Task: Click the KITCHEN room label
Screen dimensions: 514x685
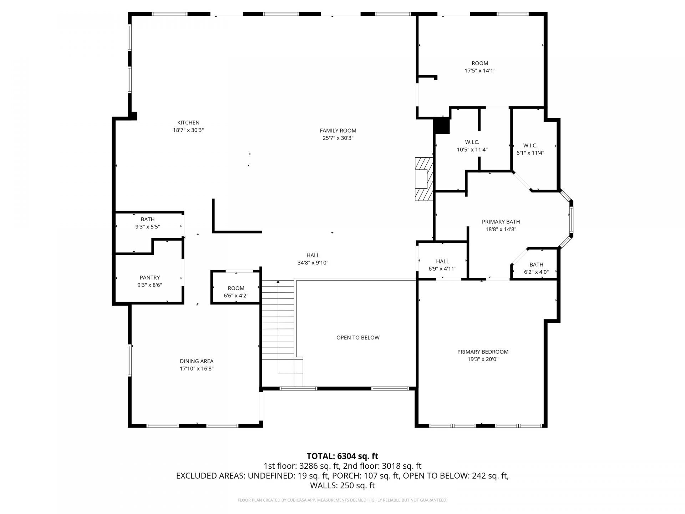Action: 188,122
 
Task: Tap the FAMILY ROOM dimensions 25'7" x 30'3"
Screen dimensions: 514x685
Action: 338,138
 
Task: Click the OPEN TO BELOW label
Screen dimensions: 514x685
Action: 358,338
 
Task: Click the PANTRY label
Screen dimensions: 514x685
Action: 149,278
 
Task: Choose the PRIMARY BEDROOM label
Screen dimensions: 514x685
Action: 483,352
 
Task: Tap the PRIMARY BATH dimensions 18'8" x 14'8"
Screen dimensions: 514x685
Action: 501,230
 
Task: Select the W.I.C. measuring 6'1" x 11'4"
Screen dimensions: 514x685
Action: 530,149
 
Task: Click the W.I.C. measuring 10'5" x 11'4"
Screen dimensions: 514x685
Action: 472,146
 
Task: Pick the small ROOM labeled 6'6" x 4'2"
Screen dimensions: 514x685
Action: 236,292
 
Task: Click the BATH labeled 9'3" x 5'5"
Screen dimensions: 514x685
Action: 147,223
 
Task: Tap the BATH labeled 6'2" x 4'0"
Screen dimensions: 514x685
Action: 536,268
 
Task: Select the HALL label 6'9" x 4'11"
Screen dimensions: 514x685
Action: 442,265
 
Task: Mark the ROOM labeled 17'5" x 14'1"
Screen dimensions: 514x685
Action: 479,67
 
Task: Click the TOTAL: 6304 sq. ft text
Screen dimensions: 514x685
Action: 342,456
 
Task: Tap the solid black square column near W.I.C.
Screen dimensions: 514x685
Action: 442,126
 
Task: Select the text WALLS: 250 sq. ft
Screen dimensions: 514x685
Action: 342,485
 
